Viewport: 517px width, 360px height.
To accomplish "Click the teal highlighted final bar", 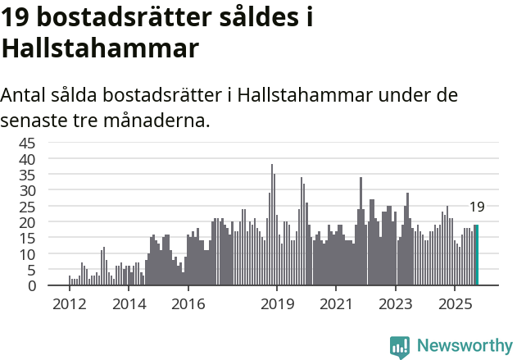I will coord(476,255).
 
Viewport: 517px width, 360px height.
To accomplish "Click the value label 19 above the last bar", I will coord(477,207).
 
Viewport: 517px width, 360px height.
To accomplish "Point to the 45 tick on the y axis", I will coord(28,143).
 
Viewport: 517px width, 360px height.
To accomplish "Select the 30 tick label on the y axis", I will coord(28,190).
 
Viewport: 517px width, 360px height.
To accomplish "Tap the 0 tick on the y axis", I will coord(32,285).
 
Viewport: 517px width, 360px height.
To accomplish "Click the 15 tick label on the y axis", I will coord(28,238).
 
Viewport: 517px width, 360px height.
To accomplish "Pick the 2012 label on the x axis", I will coord(69,305).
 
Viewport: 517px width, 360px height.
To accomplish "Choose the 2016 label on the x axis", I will coord(188,305).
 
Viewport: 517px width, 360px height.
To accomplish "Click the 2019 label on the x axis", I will coord(277,305).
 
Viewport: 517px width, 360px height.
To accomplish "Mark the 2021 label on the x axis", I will coord(336,305).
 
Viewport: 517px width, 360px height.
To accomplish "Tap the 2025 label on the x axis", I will coord(455,305).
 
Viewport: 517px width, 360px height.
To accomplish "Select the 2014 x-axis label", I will coord(128,305).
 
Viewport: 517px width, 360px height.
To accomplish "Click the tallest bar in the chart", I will coord(272,225).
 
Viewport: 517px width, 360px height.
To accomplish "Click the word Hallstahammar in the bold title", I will coord(100,48).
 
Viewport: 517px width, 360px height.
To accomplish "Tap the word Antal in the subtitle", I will coord(24,94).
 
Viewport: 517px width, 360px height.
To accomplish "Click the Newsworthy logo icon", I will coord(400,346).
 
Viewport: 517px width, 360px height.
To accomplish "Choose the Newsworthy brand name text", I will coord(464,346).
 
